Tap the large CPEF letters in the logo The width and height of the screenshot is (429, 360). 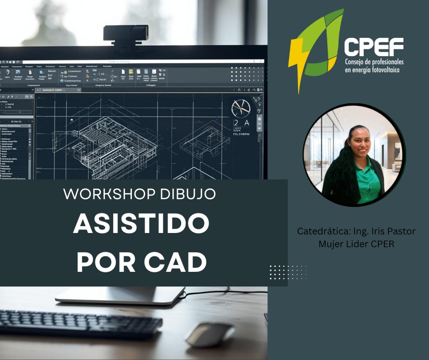373,47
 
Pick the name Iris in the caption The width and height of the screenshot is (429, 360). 374,231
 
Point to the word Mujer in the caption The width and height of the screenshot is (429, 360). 330,244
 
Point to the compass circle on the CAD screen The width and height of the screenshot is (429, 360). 241,108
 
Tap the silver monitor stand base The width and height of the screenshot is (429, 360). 120,296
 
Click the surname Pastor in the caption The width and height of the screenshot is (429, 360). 399,231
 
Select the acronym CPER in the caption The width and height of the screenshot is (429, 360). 382,244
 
